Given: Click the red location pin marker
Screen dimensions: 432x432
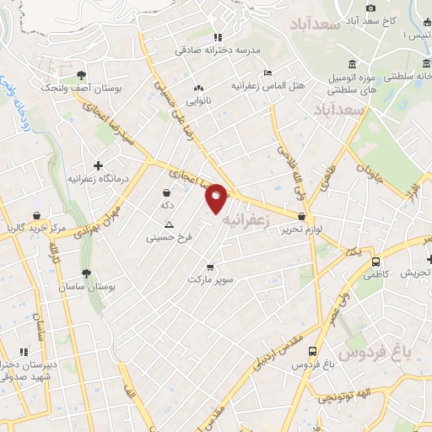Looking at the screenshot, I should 216,199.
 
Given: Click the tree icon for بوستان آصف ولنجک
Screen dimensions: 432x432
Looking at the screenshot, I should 81,74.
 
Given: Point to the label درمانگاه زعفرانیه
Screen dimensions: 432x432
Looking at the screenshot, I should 96,179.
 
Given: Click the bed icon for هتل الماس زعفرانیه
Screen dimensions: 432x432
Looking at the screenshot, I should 268,73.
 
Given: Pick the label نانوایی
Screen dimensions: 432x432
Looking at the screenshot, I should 199,100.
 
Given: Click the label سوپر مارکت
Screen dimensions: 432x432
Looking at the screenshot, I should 210,278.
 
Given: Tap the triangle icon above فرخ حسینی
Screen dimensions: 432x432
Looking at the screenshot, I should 169,224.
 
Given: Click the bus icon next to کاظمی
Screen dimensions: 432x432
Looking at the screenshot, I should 375,261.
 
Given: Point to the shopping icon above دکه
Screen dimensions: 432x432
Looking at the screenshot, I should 166,193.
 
